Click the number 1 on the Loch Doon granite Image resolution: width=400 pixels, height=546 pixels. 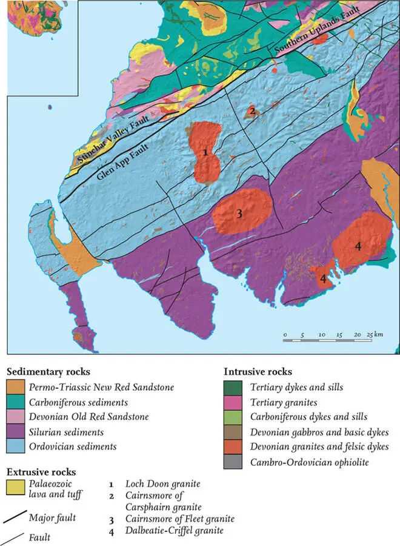click(206, 153)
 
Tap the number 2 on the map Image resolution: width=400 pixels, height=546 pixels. click(251, 110)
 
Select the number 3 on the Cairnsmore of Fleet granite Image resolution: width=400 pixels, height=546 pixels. click(239, 214)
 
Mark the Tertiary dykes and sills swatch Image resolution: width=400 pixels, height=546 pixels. click(234, 387)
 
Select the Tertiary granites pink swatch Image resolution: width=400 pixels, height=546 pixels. click(234, 402)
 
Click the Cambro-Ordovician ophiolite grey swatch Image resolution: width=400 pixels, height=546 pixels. click(234, 462)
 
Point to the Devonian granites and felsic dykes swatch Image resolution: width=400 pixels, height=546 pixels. click(234, 447)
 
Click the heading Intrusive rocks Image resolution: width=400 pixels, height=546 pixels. click(258, 371)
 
